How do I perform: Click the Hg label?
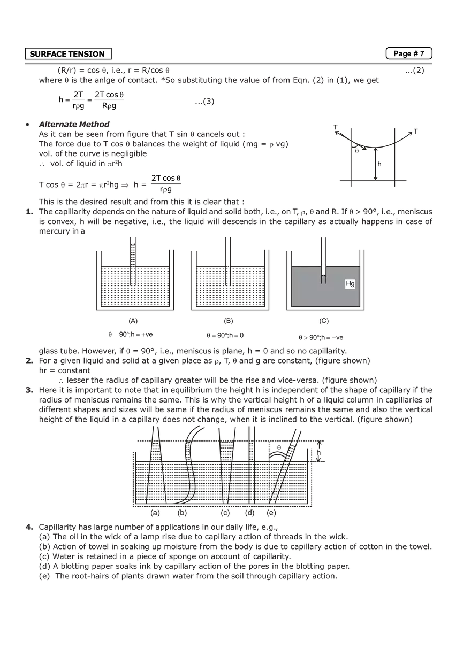[x=350, y=284]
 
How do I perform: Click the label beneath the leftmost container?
[x=131, y=322]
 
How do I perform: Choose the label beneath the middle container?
[x=227, y=322]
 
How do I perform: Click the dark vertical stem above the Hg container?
[x=323, y=249]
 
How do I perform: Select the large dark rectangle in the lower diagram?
[x=222, y=484]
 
